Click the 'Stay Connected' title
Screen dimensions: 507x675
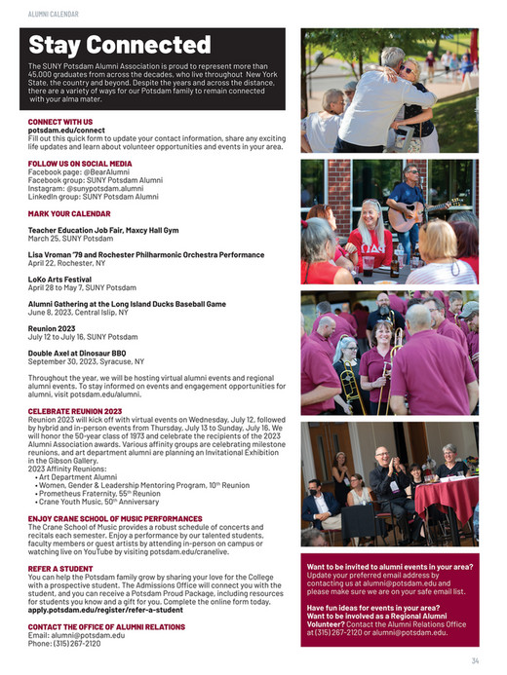pos(119,45)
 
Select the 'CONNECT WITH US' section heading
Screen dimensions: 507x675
pos(60,122)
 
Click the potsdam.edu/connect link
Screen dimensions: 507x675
pos(66,130)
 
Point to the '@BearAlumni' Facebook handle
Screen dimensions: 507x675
pos(104,171)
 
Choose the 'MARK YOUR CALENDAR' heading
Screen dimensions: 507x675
pos(69,212)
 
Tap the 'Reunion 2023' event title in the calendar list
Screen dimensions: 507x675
pos(53,328)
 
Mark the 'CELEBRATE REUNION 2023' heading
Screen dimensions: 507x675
pos(75,412)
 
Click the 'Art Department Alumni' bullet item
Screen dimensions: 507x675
pos(77,477)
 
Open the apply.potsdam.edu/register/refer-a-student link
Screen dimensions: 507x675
pos(120,609)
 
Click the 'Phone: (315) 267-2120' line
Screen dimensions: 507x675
pos(63,643)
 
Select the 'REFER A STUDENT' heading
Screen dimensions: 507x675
pos(60,567)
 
